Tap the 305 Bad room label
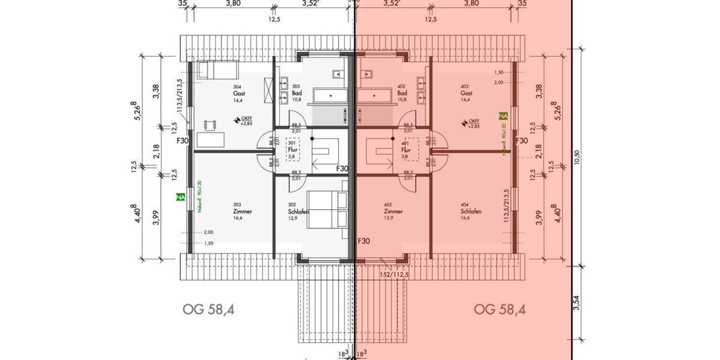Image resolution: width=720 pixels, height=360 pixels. pos(296,94)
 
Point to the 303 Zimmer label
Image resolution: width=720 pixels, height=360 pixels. pos(243,211)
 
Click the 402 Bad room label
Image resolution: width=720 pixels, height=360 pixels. pos(402,94)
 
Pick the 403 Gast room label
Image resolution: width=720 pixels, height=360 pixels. pos(466,94)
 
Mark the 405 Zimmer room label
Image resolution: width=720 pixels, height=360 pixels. pos(393,211)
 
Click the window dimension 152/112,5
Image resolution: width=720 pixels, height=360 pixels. pos(394,274)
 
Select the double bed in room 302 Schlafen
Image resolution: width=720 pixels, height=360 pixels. pos(328,210)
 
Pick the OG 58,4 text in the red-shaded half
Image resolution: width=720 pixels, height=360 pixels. pos(500,310)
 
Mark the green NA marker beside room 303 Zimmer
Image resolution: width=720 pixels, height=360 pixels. pos(179,196)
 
